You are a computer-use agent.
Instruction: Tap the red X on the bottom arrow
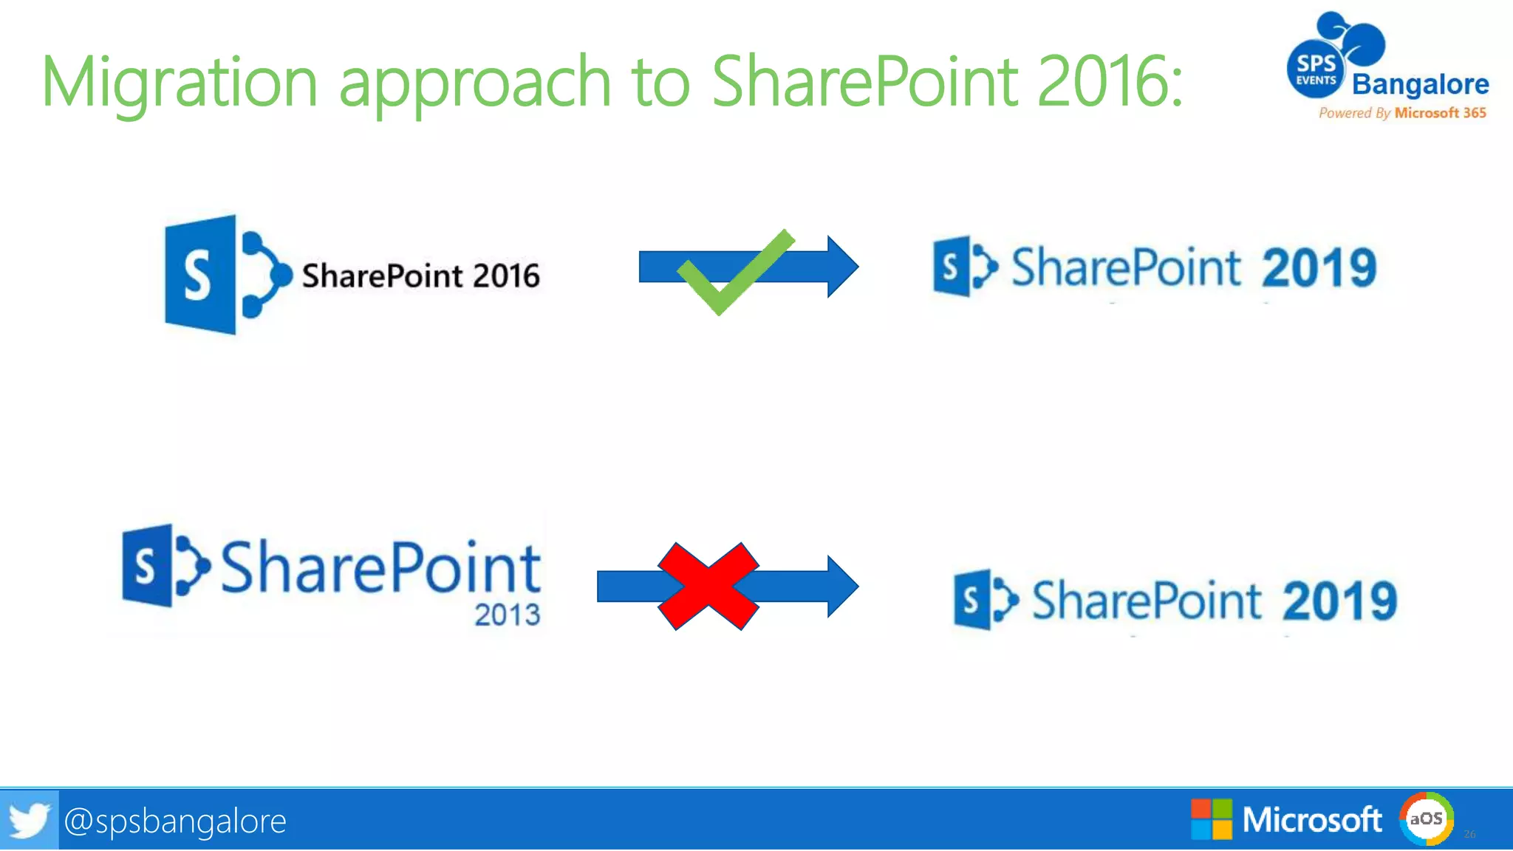pyautogui.click(x=708, y=586)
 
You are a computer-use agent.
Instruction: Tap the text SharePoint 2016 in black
pyautogui.click(x=420, y=276)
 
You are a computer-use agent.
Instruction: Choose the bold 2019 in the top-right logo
pyautogui.click(x=1319, y=267)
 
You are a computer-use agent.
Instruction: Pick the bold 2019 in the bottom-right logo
pyautogui.click(x=1339, y=601)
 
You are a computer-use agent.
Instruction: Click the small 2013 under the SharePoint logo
pyautogui.click(x=507, y=615)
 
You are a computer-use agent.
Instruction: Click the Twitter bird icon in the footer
pyautogui.click(x=29, y=820)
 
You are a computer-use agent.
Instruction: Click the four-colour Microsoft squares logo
pyautogui.click(x=1212, y=819)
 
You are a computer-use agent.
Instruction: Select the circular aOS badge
pyautogui.click(x=1426, y=818)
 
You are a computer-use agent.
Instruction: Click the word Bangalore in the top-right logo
pyautogui.click(x=1420, y=84)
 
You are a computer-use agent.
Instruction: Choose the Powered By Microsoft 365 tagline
pyautogui.click(x=1402, y=113)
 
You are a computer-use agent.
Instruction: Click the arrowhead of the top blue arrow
pyautogui.click(x=842, y=267)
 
